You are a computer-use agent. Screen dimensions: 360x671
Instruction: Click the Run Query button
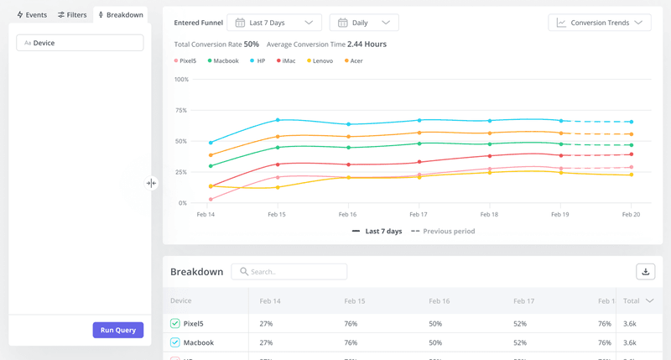(118, 330)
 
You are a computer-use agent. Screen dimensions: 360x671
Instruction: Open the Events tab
(32, 15)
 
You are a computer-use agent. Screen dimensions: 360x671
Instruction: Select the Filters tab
(72, 15)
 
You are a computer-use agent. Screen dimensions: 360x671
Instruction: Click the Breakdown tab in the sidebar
(121, 15)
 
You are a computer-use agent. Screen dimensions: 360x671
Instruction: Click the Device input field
(80, 43)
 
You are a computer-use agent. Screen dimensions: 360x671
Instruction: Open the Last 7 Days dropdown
(274, 23)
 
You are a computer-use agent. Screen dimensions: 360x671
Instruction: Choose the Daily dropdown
(364, 23)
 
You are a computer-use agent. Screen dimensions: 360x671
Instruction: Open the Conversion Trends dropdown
(599, 23)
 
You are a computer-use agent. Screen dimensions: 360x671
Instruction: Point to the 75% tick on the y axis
(181, 110)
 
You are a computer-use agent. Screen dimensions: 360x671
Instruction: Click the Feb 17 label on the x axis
(419, 215)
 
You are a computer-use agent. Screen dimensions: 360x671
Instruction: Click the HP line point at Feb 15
(278, 120)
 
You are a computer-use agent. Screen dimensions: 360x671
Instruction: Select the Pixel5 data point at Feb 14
(211, 200)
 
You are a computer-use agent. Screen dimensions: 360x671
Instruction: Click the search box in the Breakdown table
(289, 272)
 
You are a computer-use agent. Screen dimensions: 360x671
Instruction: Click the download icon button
(645, 271)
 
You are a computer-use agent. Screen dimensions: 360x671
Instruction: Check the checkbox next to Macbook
(175, 342)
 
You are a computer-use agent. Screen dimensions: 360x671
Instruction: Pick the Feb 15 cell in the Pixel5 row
(351, 323)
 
